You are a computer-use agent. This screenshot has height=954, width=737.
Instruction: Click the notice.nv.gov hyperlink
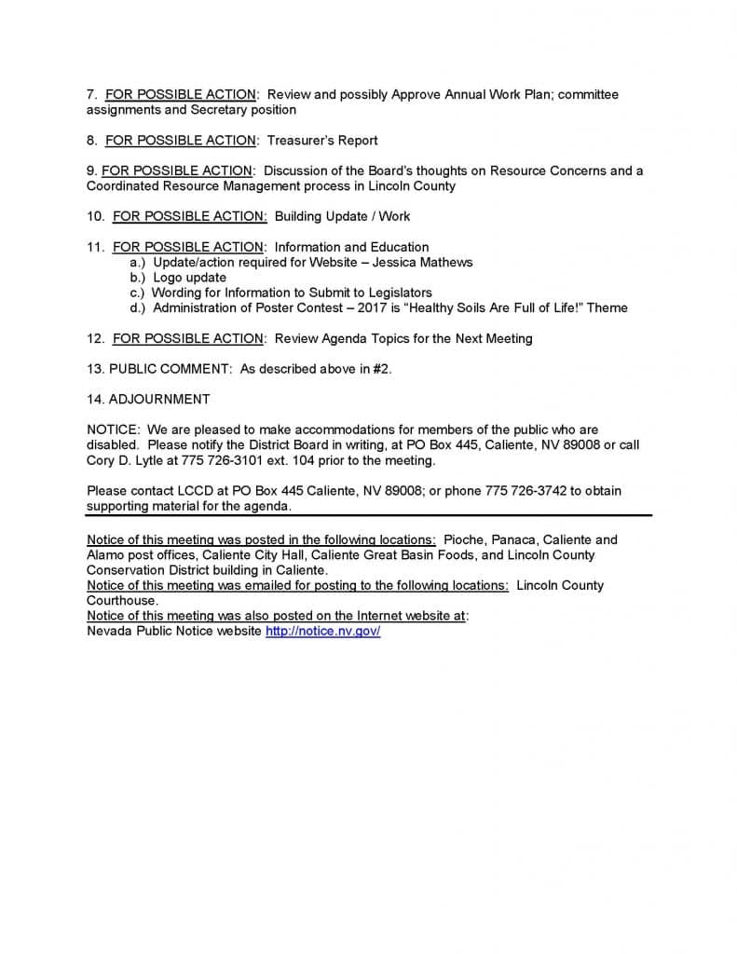click(322, 632)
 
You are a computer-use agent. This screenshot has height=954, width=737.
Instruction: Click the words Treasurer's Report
click(322, 141)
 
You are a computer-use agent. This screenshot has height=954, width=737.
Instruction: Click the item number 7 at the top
click(91, 95)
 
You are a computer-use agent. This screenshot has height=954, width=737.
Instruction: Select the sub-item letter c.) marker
click(137, 293)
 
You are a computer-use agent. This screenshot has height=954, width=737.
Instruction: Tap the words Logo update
click(189, 278)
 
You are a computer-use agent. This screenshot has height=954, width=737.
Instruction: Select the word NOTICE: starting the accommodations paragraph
click(113, 430)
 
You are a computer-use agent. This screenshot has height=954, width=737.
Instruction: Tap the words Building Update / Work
click(342, 216)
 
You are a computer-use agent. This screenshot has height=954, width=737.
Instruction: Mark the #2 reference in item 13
click(380, 369)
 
